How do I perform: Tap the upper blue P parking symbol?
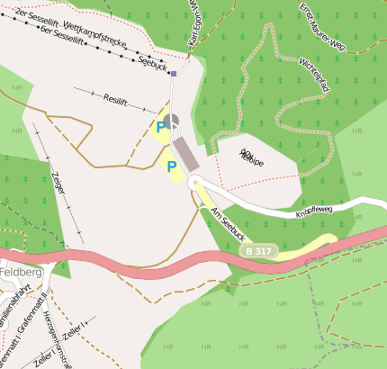point(160,128)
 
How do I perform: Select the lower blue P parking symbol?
point(170,167)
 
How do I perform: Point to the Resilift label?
point(118,99)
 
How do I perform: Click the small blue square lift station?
point(173,74)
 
